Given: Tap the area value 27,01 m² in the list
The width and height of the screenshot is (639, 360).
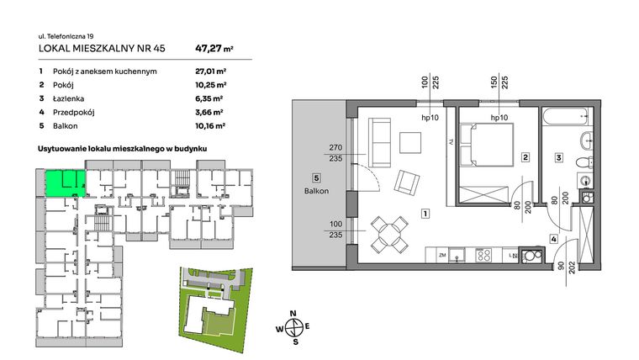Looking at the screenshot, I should (x=210, y=71).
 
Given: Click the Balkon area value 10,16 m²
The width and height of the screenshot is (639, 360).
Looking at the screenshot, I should (x=210, y=125).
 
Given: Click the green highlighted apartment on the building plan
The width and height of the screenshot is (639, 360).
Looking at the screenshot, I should (x=64, y=183).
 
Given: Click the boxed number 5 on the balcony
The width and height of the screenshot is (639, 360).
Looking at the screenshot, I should (x=316, y=177).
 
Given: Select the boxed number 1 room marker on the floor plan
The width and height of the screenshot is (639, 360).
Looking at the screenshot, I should (x=427, y=214).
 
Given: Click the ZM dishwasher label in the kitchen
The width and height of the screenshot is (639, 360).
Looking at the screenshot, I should (x=441, y=255).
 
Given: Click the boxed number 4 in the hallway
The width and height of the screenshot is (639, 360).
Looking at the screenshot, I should (x=553, y=239).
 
